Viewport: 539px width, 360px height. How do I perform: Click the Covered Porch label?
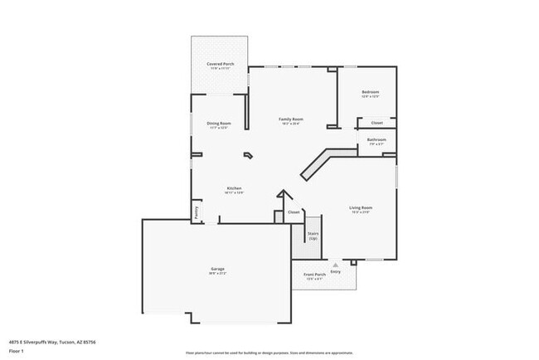tap(220, 64)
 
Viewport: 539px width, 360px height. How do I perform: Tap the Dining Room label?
tap(219, 123)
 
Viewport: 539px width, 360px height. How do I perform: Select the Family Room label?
tap(290, 119)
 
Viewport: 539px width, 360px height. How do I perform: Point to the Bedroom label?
tap(370, 91)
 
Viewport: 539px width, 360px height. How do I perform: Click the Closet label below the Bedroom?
tap(376, 123)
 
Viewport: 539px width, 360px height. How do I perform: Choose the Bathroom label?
tap(376, 139)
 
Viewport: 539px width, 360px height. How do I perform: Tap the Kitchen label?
tap(234, 188)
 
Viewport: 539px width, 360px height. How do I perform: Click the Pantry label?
tap(197, 212)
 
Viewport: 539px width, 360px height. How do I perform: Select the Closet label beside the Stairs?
tap(294, 212)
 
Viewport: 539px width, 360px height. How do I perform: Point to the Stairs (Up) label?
tap(313, 236)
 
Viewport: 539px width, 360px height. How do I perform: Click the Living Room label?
tap(360, 207)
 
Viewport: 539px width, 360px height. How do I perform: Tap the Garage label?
tap(217, 268)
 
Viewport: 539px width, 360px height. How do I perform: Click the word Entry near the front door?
tap(336, 272)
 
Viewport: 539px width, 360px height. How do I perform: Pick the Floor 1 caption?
tap(17, 351)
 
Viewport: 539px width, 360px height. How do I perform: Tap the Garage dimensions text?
tap(217, 273)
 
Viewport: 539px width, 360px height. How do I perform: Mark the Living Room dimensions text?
tap(360, 212)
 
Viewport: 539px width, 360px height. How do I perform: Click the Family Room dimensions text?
tap(290, 124)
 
